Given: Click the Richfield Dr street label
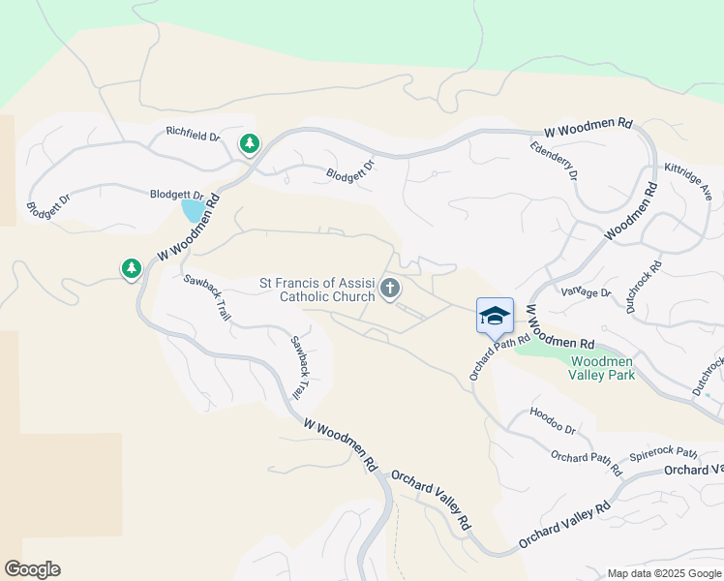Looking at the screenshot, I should pos(193,134).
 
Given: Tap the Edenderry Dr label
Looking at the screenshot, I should pos(554,161).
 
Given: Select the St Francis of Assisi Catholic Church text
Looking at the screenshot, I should pos(317,290).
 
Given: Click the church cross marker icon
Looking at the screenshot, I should pos(390,288).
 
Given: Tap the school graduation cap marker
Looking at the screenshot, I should pos(495,315).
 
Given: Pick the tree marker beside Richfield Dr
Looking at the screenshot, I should pos(250,144).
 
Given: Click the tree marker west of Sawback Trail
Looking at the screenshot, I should pos(132,268).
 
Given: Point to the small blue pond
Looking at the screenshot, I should pos(193,208).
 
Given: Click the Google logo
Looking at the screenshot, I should pos(32,569).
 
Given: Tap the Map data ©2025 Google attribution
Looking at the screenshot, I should pos(663,573).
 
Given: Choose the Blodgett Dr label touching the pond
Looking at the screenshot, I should pos(176,195).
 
